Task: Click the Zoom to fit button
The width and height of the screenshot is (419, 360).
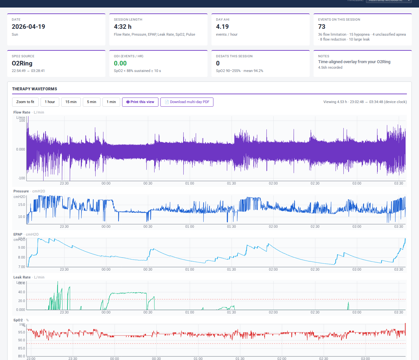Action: point(25,102)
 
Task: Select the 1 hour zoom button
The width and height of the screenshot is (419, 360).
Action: point(50,102)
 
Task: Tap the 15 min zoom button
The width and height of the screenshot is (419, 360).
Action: point(71,102)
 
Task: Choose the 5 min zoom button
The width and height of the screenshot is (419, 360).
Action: point(92,102)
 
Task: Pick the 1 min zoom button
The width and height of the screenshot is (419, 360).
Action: point(111,102)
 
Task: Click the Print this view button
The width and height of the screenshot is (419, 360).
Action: point(140,102)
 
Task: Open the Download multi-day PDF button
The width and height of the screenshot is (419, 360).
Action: point(187,102)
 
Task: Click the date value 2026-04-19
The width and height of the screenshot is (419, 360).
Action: point(28,27)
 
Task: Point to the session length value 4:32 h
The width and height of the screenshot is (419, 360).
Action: point(123,27)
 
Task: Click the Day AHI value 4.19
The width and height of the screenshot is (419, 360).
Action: point(222,27)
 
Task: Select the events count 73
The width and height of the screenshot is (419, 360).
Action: point(322,27)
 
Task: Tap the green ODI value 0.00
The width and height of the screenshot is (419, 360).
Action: point(120,63)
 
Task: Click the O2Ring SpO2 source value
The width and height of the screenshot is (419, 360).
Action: point(22,63)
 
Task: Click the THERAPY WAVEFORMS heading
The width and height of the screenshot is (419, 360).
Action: point(35,89)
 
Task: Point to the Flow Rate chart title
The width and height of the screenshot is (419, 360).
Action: point(22,112)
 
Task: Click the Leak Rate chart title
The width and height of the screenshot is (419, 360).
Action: point(22,277)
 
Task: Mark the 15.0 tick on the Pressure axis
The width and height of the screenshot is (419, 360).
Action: point(22,205)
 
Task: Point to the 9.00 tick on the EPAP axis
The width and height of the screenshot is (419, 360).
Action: point(22,248)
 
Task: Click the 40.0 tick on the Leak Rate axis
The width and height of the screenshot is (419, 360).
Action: point(22,292)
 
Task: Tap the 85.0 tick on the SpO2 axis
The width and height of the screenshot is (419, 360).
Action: point(22,349)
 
